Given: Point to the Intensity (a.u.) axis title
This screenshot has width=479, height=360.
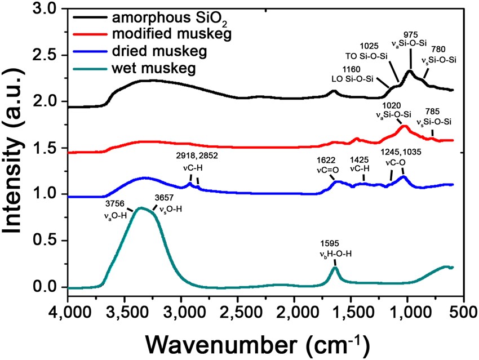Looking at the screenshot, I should [x=17, y=149].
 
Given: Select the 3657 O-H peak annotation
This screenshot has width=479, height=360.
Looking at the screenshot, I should [x=168, y=203].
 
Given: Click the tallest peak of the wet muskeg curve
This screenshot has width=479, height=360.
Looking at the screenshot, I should [x=141, y=208].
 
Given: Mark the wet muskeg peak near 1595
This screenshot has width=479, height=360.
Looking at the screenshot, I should [x=335, y=268].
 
